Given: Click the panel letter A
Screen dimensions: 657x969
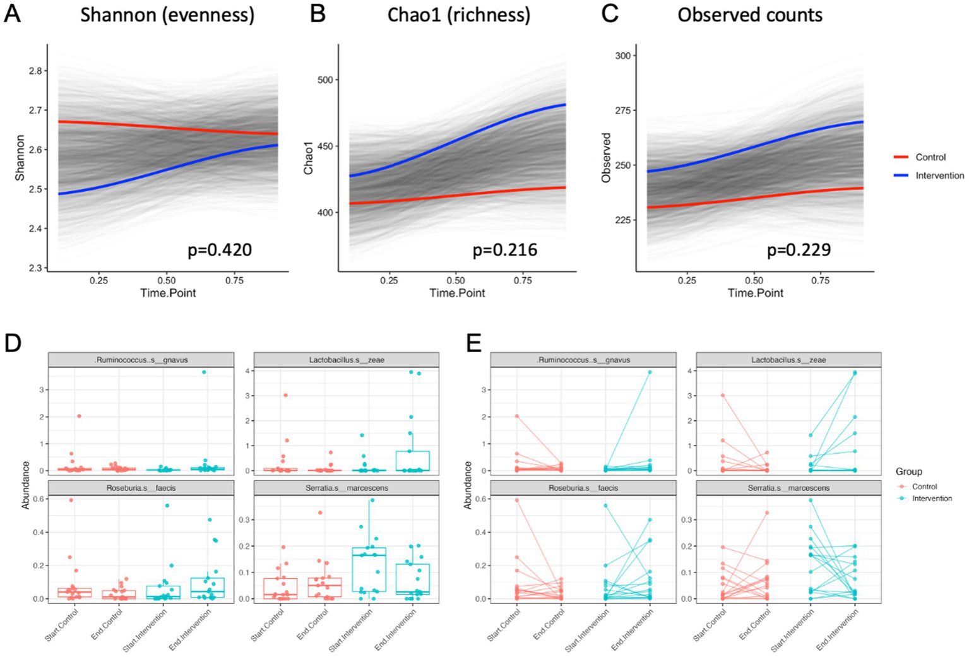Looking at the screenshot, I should point(12,14).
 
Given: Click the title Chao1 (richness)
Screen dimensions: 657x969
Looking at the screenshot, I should point(458,15).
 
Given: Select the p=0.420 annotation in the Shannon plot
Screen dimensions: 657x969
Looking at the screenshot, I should point(220,251).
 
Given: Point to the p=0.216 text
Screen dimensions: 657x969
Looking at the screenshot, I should point(505,251).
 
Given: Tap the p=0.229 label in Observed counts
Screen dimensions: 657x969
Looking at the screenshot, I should point(799,251).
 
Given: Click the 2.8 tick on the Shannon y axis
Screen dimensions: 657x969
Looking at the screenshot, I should point(35,71).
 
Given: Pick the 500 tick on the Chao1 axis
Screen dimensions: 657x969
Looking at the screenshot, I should point(325,80).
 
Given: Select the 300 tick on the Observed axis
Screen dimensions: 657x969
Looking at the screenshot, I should point(622,56).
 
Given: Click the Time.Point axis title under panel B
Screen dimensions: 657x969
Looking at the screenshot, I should point(457,293).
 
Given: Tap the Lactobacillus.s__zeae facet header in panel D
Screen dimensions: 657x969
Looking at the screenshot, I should point(346,360).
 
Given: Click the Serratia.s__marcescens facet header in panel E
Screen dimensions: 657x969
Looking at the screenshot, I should point(788,488).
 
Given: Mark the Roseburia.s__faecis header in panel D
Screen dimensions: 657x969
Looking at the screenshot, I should point(141,488).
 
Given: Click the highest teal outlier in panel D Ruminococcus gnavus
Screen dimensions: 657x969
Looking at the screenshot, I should point(204,372).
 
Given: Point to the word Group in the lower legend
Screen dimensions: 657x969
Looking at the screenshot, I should point(908,471).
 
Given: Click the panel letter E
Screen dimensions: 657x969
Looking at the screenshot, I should point(473,343).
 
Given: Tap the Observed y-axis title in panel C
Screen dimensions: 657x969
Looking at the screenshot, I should point(606,158).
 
